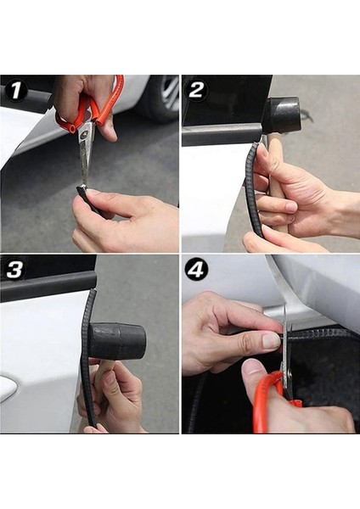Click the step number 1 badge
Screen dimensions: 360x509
pos(15,90)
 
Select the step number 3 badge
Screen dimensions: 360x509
pos(15,269)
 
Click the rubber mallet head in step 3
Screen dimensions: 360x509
pos(117,340)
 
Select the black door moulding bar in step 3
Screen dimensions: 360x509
pos(48,286)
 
